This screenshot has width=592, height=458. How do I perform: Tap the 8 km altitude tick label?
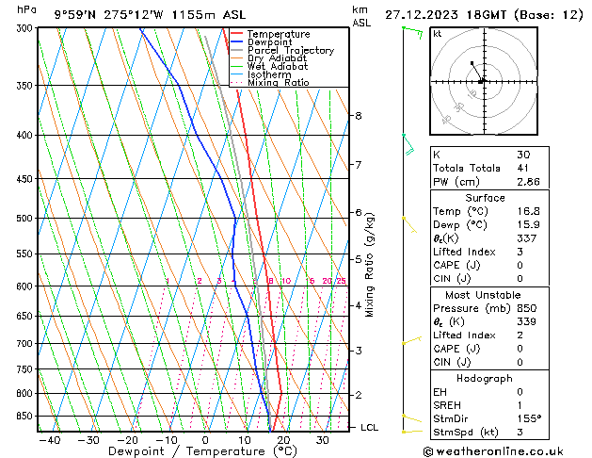tap(358, 116)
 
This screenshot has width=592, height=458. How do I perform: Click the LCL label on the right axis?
tap(369, 428)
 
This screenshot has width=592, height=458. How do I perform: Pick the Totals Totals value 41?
tap(524, 168)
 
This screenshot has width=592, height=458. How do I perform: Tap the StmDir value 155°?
tap(528, 418)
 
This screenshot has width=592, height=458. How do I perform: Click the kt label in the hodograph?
tap(437, 33)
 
